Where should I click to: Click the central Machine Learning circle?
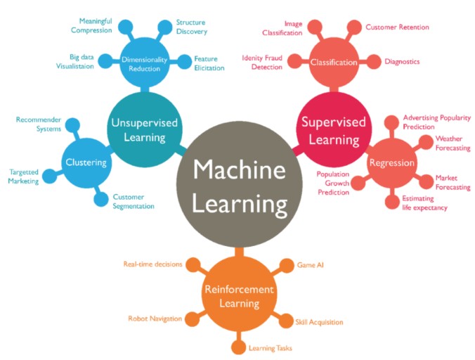point(240,184)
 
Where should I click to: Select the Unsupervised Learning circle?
point(145,129)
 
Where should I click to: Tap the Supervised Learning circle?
point(334,129)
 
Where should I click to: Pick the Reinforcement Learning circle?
point(240,295)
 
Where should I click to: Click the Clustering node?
point(86,162)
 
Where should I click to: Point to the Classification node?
point(334,62)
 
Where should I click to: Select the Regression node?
point(391,162)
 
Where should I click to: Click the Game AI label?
point(310,265)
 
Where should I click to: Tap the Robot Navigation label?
point(155,319)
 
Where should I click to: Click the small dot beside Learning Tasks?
point(238,347)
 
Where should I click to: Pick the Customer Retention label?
point(397,27)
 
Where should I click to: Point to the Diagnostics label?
point(402,61)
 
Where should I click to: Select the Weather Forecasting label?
point(453,143)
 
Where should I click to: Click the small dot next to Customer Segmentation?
point(101,199)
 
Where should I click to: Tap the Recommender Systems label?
point(39,124)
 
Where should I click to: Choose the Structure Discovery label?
point(192,27)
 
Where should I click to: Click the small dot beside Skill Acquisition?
point(286,321)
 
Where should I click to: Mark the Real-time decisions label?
point(152,264)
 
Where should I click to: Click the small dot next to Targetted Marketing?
point(49,176)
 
